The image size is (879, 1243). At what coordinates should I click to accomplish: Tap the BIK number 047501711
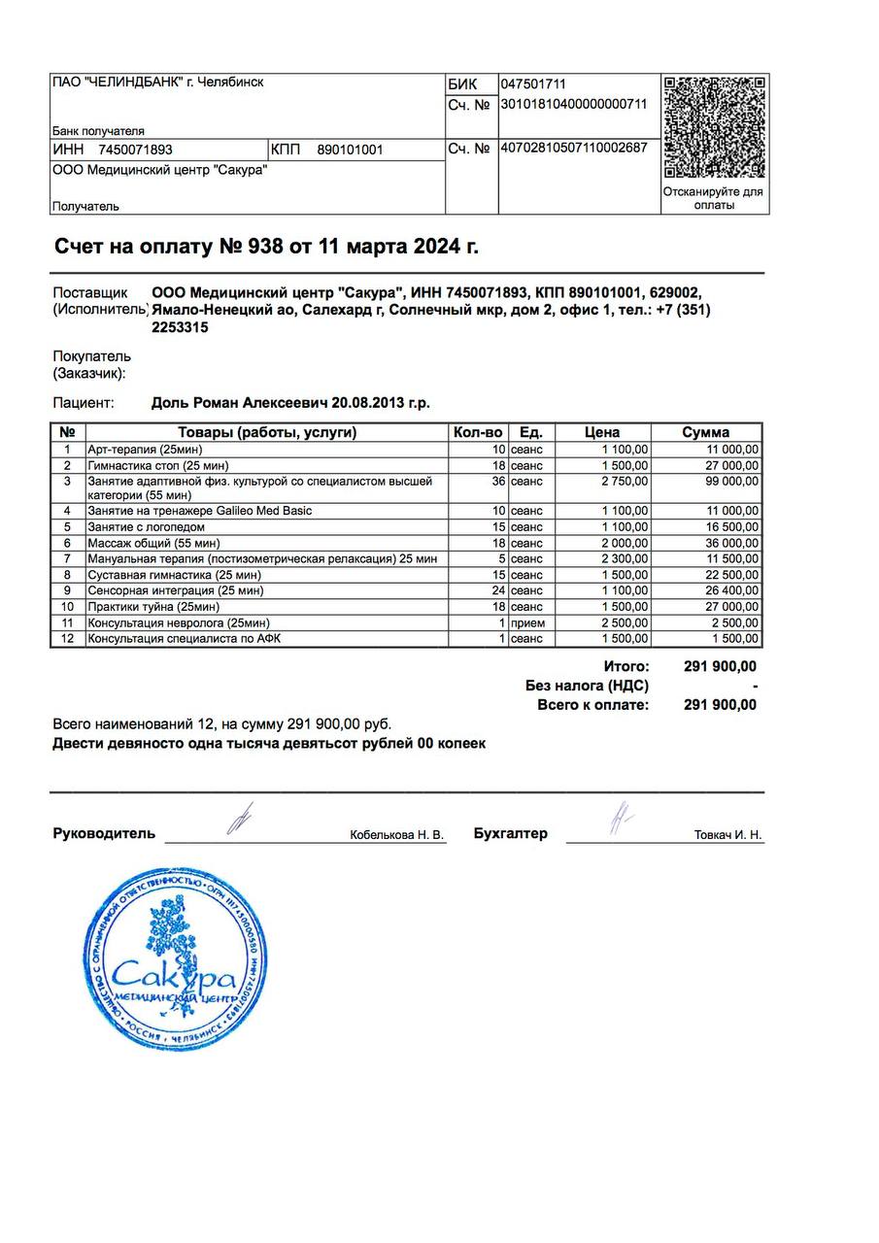pos(533,84)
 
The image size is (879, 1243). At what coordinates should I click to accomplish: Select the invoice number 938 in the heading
pos(265,247)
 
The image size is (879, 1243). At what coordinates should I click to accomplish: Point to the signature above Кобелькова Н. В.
pos(238,820)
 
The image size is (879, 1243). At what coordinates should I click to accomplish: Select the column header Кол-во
pos(478,432)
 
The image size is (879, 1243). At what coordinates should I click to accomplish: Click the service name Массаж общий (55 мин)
pos(153,543)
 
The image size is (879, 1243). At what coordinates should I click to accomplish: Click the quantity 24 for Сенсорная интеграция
pos(498,590)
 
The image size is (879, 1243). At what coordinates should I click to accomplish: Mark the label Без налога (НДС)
pos(587,686)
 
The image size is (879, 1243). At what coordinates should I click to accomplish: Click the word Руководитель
pos(104,833)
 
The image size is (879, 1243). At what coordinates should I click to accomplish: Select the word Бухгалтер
pos(510,833)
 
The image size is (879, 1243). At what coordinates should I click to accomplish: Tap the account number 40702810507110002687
pos(573,149)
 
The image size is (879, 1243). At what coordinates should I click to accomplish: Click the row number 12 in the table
pos(67,638)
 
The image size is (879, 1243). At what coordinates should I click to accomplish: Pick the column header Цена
pos(602,432)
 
